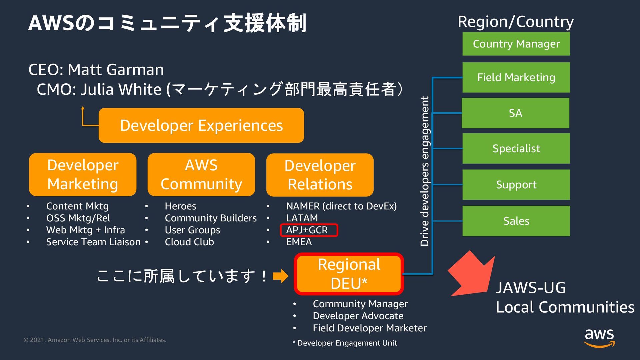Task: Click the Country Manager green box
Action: pos(516,44)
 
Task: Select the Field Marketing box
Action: pos(516,77)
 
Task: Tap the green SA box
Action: pos(515,113)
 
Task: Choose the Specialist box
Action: pos(516,148)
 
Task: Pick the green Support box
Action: pos(516,185)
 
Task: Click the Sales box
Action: pos(516,221)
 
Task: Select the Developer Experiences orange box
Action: pos(201,126)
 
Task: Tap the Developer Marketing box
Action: pos(83,175)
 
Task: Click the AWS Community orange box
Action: pos(201,175)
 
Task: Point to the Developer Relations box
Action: pos(320,175)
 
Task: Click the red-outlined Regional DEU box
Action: pos(349,274)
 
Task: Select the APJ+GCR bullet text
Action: pos(307,230)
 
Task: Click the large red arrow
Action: pos(472,274)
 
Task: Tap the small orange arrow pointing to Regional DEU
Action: pos(280,276)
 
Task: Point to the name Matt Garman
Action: pos(116,70)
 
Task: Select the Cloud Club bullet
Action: pos(189,242)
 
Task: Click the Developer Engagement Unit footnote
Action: pos(345,343)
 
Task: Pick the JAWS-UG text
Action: pos(531,288)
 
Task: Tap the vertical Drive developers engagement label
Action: pos(425,171)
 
